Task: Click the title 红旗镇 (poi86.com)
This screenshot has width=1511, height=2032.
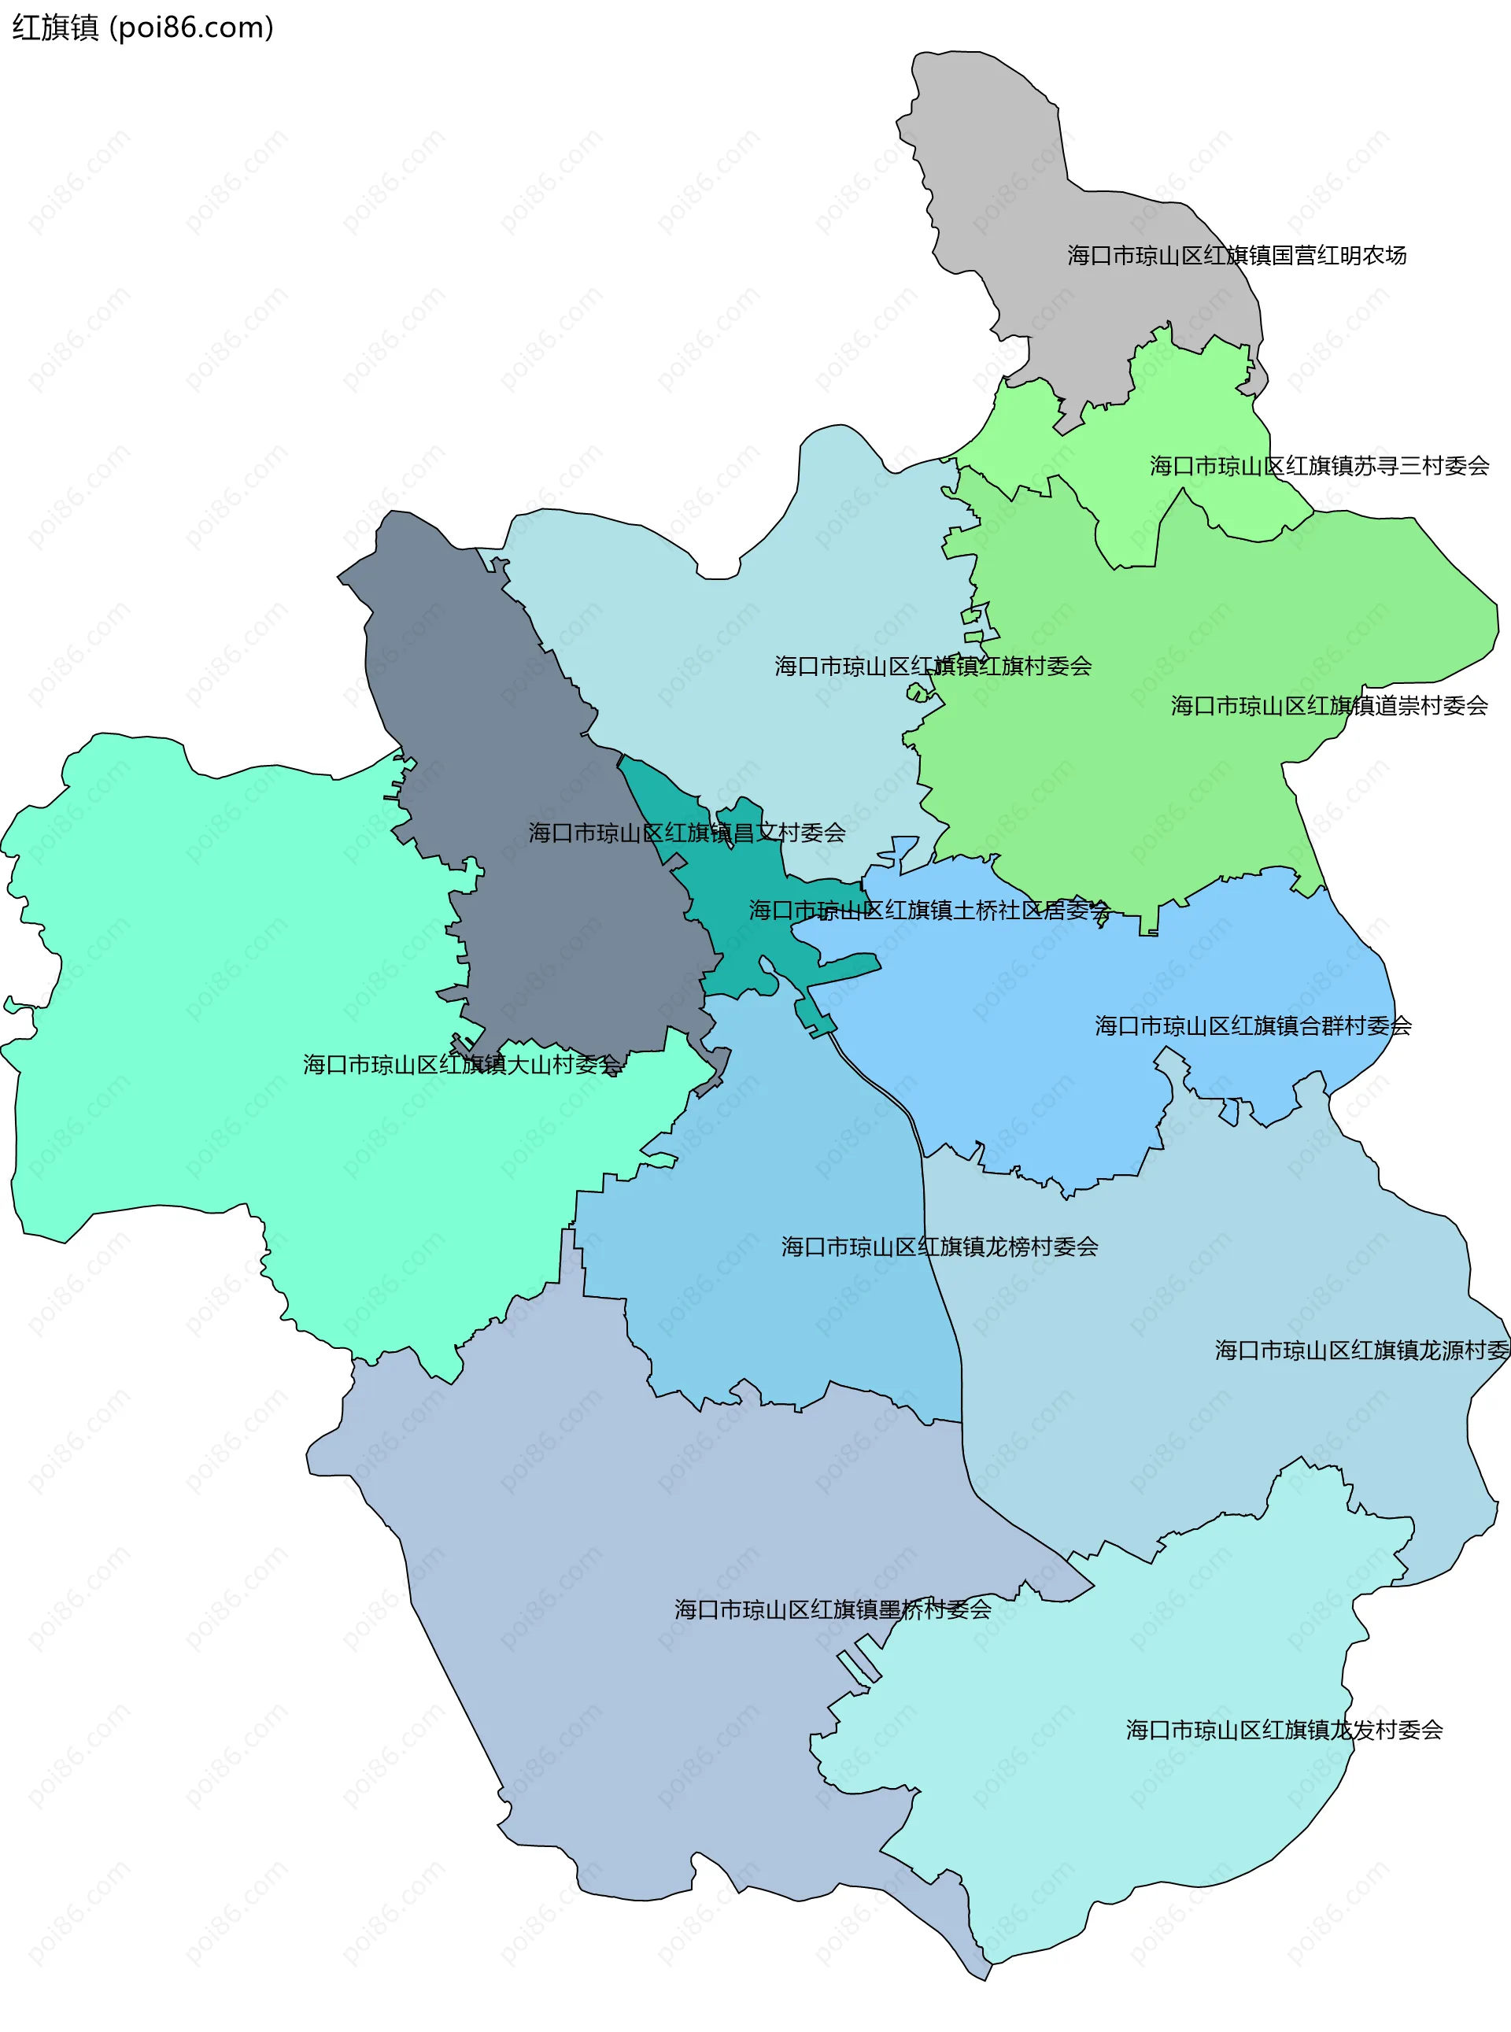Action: point(142,28)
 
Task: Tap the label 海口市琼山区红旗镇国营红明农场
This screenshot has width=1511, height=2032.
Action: point(1236,255)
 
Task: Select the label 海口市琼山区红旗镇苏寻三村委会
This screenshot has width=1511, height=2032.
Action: point(1319,465)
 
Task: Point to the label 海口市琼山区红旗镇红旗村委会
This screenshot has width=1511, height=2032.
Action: point(933,666)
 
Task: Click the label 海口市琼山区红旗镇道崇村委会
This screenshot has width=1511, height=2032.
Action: point(1329,705)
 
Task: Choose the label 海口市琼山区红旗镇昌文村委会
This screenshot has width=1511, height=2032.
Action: point(686,832)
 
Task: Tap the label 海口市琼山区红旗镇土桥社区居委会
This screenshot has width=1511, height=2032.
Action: point(929,909)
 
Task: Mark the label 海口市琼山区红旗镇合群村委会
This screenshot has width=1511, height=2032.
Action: point(1252,1025)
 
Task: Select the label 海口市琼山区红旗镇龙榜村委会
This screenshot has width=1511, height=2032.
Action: point(940,1246)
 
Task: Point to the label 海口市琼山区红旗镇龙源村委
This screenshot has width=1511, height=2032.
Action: point(1361,1350)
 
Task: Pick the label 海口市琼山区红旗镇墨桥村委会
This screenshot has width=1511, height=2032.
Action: point(833,1609)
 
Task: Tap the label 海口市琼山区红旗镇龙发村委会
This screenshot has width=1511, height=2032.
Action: point(1284,1729)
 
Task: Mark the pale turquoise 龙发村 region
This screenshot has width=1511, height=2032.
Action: point(1143,1811)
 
